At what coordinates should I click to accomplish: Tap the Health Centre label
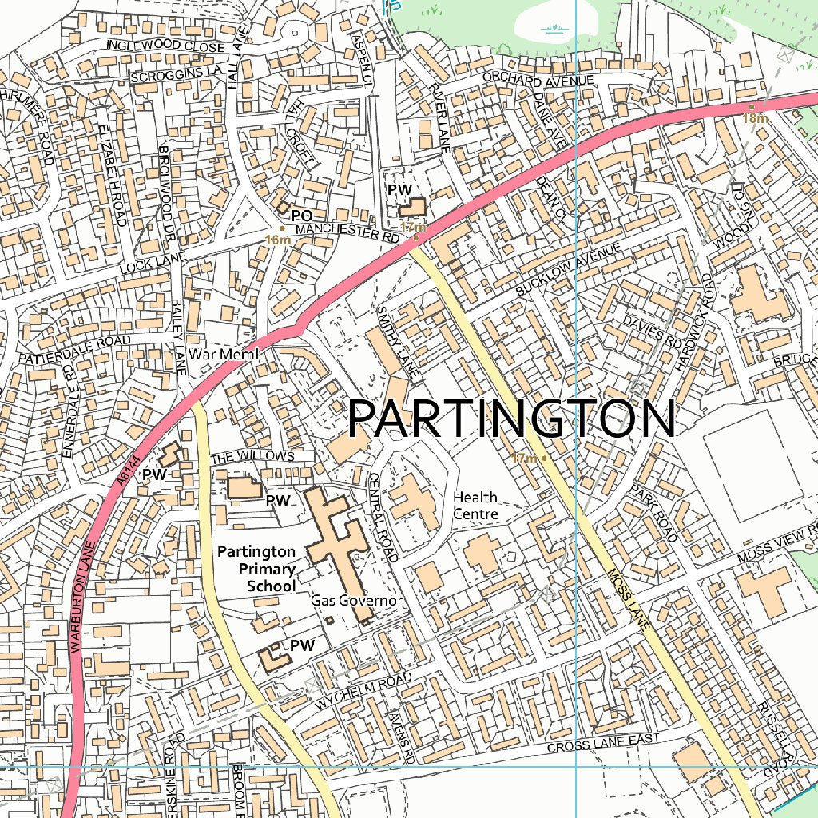(476, 506)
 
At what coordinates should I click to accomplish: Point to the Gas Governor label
(355, 600)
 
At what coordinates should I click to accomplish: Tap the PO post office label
(300, 216)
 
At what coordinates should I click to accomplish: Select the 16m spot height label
(276, 240)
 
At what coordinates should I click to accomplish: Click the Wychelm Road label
(363, 692)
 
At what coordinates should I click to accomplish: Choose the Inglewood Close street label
(165, 47)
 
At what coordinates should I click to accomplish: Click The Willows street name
(252, 457)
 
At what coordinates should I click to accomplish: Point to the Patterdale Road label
(75, 349)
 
